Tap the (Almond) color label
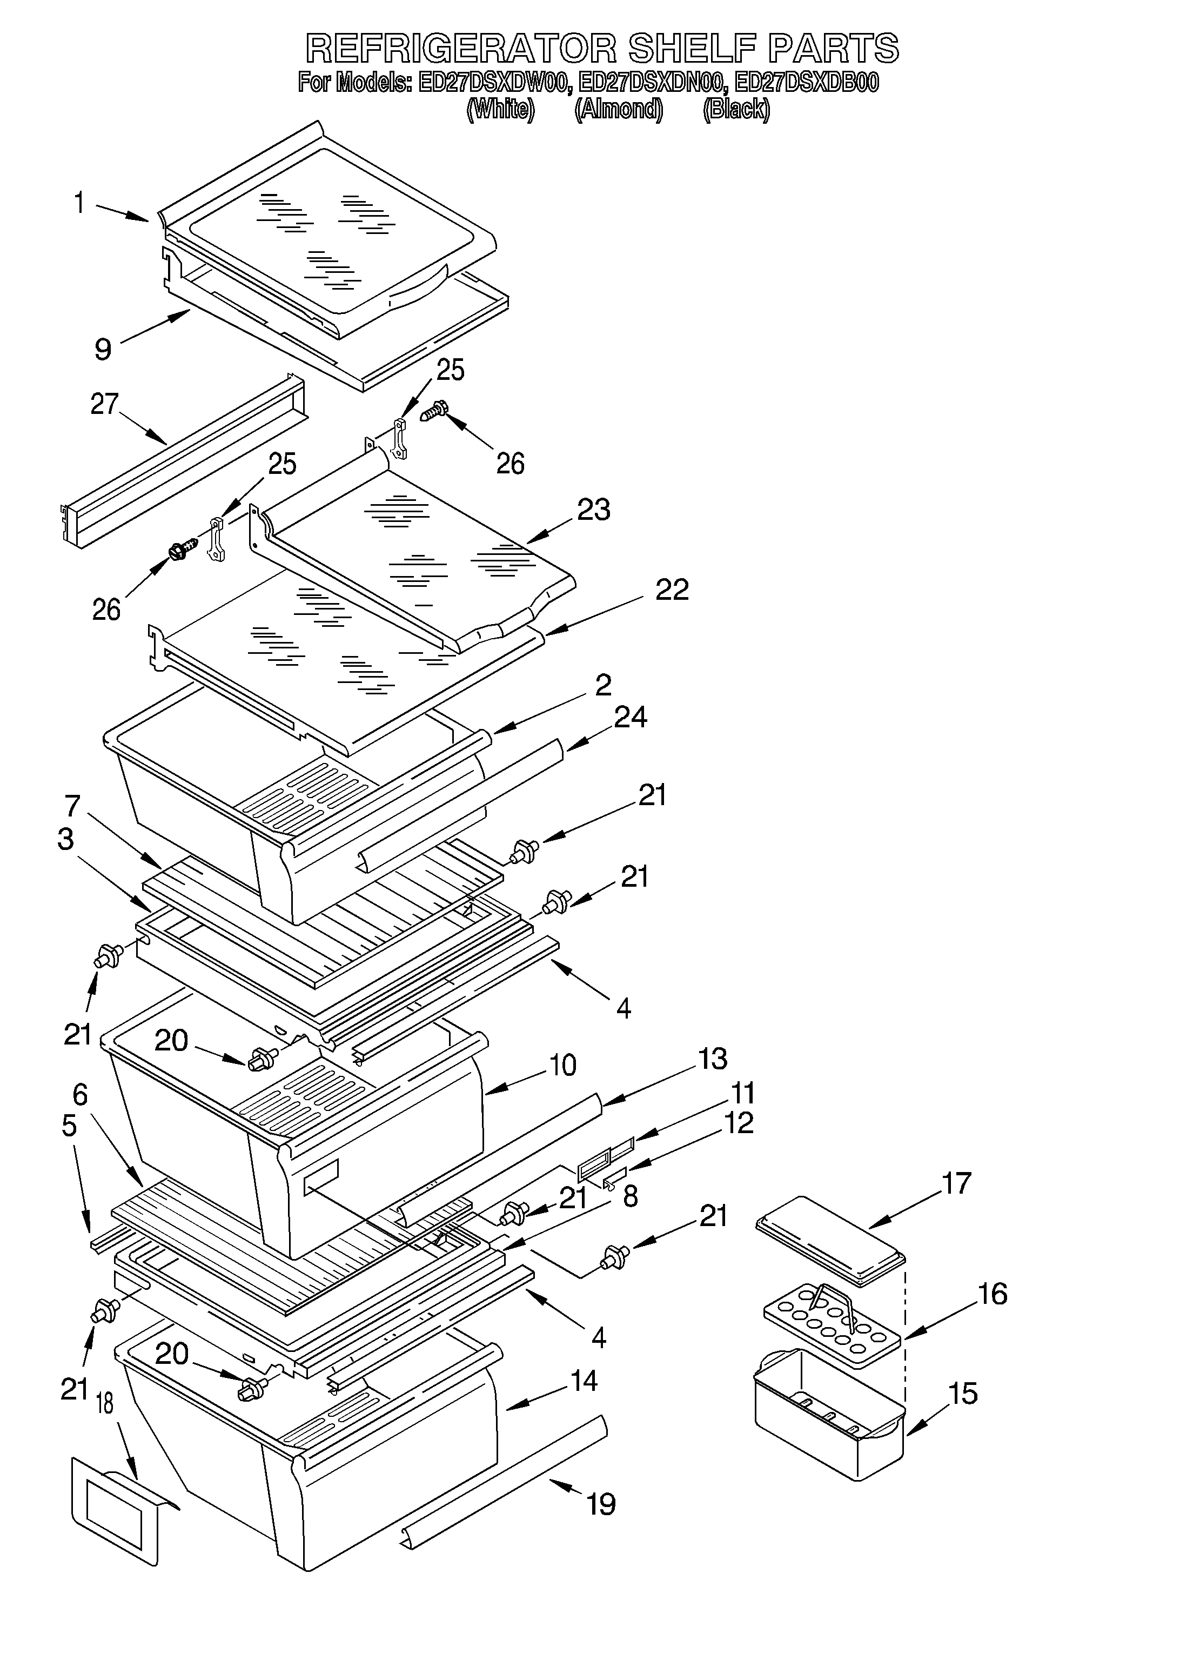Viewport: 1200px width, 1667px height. coord(618,110)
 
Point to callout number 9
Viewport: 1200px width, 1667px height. coord(103,349)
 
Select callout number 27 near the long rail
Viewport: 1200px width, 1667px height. coord(104,404)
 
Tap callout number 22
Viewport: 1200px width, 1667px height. coord(671,590)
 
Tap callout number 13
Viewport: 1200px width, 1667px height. coord(712,1059)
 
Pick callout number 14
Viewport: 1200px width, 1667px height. coord(584,1381)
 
